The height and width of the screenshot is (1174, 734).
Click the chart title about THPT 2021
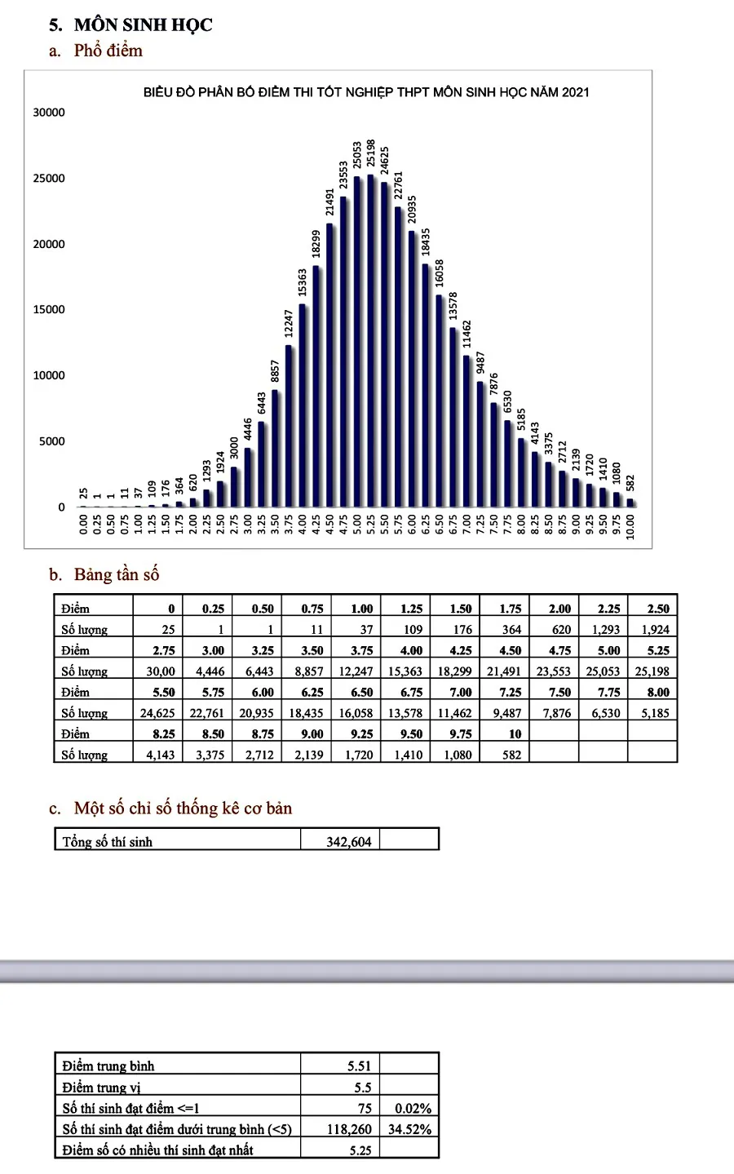pos(366,92)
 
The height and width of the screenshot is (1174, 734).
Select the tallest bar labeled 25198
pos(371,341)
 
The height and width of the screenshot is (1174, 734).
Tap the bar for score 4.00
pos(303,405)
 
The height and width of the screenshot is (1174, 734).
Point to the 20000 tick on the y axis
pos(49,244)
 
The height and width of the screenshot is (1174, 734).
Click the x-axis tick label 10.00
pos(630,527)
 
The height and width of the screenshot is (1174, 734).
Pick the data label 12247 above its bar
pos(289,323)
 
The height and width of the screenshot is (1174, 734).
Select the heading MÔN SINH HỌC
pos(143,25)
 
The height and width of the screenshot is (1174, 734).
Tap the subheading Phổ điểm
pos(108,51)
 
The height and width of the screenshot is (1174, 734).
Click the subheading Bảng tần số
pos(117,574)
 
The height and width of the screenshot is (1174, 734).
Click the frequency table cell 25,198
pos(652,671)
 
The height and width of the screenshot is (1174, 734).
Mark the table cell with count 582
pos(512,755)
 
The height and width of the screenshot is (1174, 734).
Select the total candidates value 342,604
pos(349,842)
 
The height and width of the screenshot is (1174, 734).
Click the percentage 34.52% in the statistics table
pos(409,1129)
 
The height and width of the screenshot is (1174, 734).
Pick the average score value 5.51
pos(359,1066)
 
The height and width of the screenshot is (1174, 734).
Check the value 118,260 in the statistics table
pos(349,1129)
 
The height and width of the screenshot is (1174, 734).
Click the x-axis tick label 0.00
pos(83,525)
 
